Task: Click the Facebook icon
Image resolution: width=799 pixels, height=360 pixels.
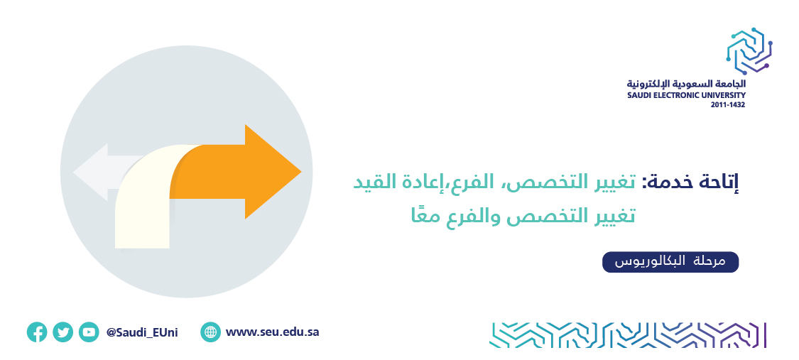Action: tap(37, 332)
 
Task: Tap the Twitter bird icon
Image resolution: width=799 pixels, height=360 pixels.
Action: tap(62, 332)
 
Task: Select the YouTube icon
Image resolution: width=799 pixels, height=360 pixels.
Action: tap(89, 332)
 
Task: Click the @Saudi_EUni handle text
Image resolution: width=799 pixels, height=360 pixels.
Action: tap(142, 332)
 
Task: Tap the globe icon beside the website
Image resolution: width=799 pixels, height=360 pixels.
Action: tap(210, 332)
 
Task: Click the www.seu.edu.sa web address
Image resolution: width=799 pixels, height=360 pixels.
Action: tap(272, 332)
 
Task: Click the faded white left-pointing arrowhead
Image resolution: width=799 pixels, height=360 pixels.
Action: tap(91, 172)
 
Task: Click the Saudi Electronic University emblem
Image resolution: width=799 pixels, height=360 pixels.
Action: tap(749, 51)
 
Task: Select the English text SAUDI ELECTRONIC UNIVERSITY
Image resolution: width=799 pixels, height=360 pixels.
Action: tap(686, 95)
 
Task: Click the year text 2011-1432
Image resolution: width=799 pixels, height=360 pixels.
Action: tap(728, 104)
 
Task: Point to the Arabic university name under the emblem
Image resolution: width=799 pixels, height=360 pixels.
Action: tap(686, 84)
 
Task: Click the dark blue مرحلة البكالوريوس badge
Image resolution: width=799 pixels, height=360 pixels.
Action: tap(670, 262)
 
